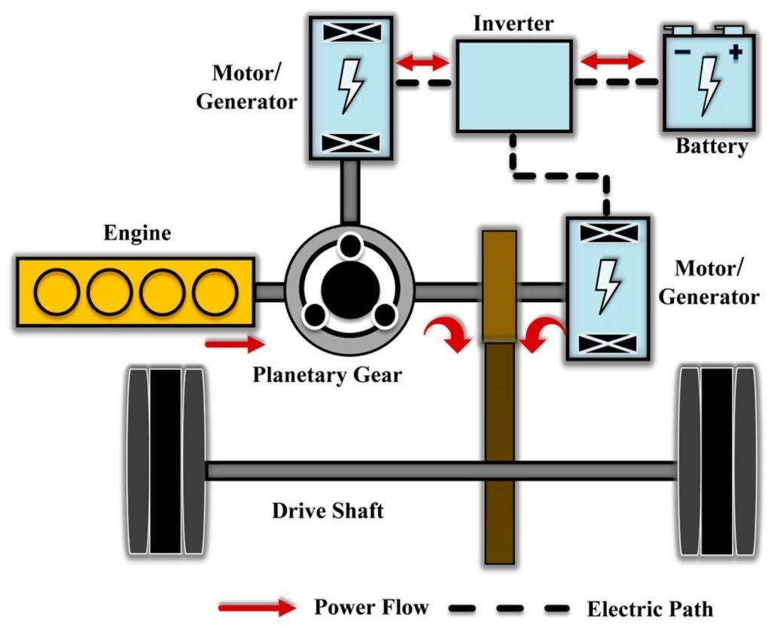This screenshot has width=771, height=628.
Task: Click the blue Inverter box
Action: pos(511,87)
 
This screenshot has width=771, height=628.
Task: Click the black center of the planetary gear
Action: pos(349,290)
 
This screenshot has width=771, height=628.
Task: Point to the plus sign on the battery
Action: pos(735,52)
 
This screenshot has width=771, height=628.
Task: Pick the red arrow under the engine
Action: pos(235,345)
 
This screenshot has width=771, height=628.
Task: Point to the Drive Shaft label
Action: pos(328,511)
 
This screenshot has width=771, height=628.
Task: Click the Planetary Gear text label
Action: pos(327,373)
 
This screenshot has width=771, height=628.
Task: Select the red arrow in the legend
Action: pos(256,607)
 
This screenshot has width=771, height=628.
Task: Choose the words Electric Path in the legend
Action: pos(650,608)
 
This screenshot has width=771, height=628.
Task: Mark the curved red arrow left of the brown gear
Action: pos(445,332)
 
